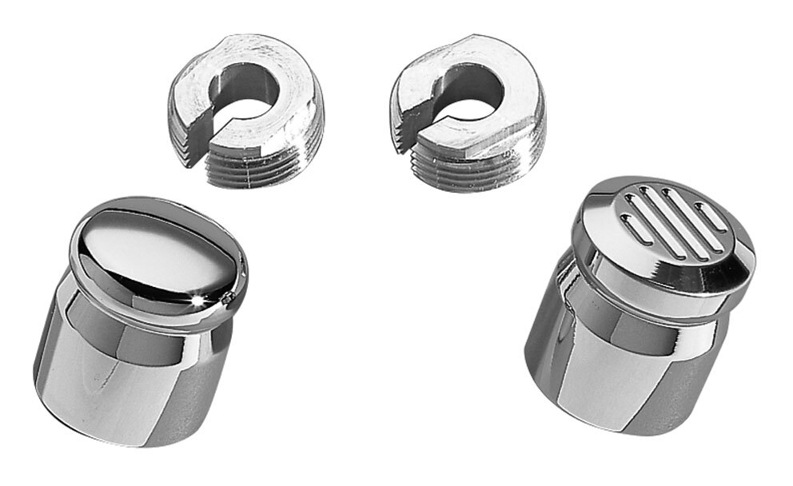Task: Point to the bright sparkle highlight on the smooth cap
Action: pos(197,300)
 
